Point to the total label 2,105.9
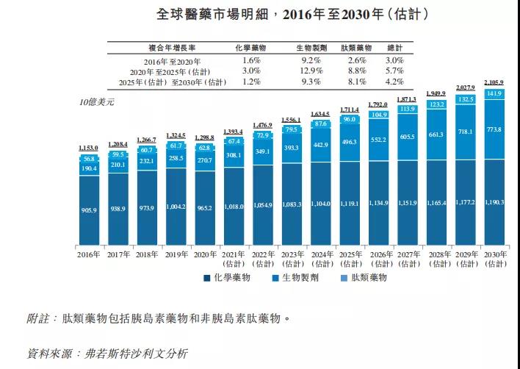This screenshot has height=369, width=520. tap(493, 82)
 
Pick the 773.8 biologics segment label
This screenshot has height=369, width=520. tap(493, 130)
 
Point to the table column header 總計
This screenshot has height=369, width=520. tap(394, 46)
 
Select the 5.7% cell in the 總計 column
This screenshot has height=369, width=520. tap(394, 71)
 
